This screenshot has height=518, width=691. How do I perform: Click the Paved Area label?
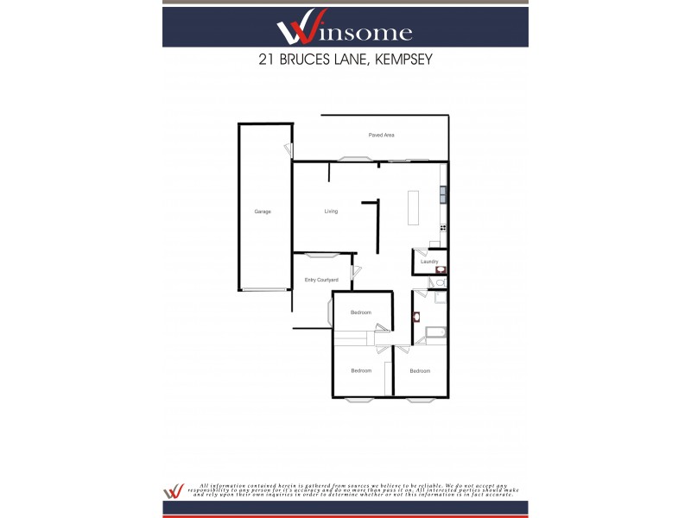[381, 136]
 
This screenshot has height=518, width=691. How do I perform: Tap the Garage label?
[263, 212]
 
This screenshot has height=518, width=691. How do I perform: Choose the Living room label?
[331, 212]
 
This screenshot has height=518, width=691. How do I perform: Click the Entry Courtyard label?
[320, 280]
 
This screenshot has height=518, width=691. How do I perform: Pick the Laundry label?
[429, 262]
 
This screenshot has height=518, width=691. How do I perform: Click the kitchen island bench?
[414, 208]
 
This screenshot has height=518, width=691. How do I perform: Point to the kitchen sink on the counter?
[443, 194]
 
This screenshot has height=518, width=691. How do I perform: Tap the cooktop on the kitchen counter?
[443, 227]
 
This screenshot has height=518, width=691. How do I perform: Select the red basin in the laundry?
[441, 269]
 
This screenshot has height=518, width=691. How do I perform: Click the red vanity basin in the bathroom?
[416, 316]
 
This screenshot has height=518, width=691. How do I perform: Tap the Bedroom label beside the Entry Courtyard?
[360, 312]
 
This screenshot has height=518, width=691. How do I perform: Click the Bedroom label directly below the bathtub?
[420, 371]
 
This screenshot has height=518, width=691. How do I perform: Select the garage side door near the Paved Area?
[288, 150]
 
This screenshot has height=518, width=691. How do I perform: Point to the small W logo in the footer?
[174, 490]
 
